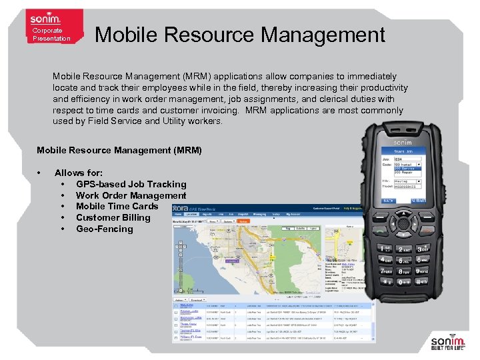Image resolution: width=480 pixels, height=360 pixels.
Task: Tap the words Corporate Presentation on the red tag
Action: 51,35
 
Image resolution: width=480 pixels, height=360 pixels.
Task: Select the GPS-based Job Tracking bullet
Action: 131,184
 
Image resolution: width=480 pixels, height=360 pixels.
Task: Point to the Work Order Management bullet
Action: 131,195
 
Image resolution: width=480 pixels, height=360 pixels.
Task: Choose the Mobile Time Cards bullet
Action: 117,206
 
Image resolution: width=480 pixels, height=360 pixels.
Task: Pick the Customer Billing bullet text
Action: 113,217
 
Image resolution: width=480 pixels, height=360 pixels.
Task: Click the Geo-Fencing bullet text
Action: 104,229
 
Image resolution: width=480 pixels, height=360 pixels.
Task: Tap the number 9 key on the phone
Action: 421,271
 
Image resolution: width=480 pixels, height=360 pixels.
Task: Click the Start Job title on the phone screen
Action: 403,151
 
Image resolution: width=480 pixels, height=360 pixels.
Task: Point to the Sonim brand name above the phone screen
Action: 402,143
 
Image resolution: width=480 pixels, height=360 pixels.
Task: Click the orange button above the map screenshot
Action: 243,221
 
